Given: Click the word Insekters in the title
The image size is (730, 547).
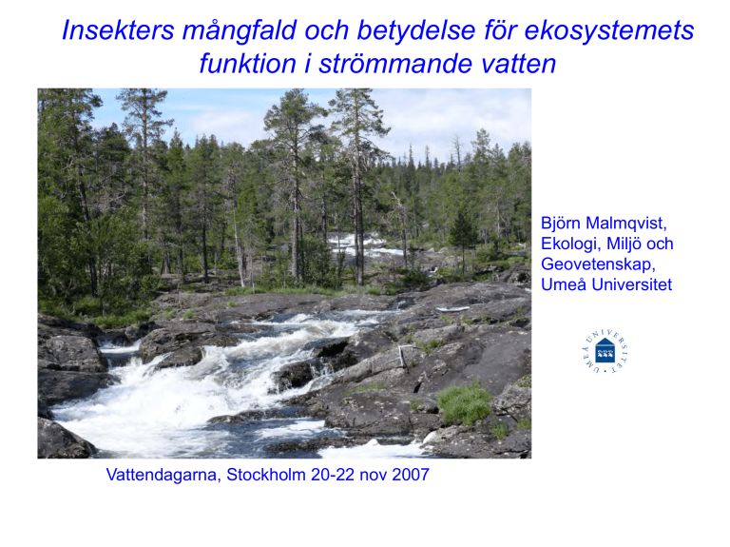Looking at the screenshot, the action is (x=118, y=30).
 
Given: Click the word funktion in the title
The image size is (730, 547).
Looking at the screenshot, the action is (x=248, y=64).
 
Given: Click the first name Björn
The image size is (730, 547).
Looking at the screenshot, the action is (x=561, y=224).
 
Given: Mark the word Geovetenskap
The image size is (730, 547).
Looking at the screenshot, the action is (x=598, y=264).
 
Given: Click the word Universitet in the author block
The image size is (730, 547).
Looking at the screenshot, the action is (x=632, y=284).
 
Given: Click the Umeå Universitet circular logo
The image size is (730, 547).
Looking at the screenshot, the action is (x=605, y=351).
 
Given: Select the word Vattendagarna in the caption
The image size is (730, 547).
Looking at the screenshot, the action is (x=163, y=476).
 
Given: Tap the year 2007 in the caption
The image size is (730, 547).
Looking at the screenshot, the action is (x=411, y=475).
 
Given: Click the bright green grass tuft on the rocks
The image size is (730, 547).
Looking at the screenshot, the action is (x=464, y=403).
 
